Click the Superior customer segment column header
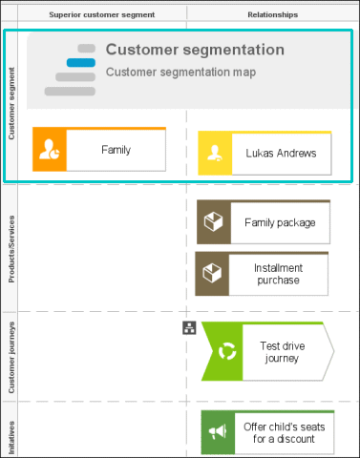pyautogui.click(x=102, y=14)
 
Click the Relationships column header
pyautogui.click(x=273, y=14)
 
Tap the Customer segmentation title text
pyautogui.click(x=195, y=50)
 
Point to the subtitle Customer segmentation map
pyautogui.click(x=180, y=73)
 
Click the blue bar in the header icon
pyautogui.click(x=81, y=63)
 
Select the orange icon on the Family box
pyautogui.click(x=50, y=149)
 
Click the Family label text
pyautogui.click(x=116, y=150)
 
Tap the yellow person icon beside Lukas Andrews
pyautogui.click(x=215, y=153)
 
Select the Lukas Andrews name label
pyautogui.click(x=281, y=154)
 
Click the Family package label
pyautogui.click(x=280, y=222)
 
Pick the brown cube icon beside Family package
pyautogui.click(x=213, y=221)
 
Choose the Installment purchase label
pyautogui.click(x=278, y=274)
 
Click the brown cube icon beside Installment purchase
pyautogui.click(x=212, y=273)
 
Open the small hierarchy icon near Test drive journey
pyautogui.click(x=189, y=327)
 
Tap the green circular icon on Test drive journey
pyautogui.click(x=227, y=351)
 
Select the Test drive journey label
pyautogui.click(x=283, y=352)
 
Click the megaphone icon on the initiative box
pyautogui.click(x=218, y=432)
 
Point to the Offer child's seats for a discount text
pyautogui.click(x=284, y=432)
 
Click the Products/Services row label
pyautogui.click(x=11, y=249)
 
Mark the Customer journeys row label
pyautogui.click(x=11, y=357)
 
